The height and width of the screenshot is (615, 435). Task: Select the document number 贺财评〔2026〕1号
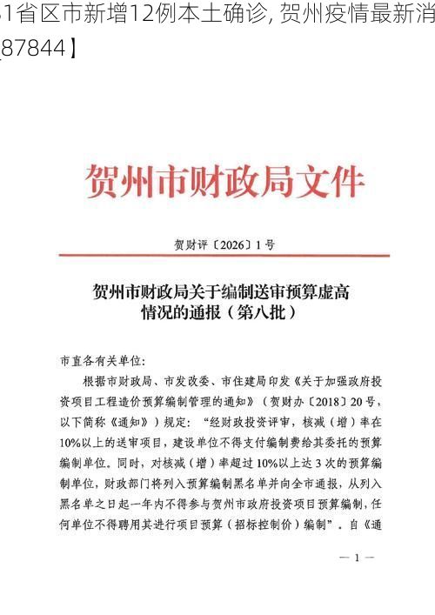224,245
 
